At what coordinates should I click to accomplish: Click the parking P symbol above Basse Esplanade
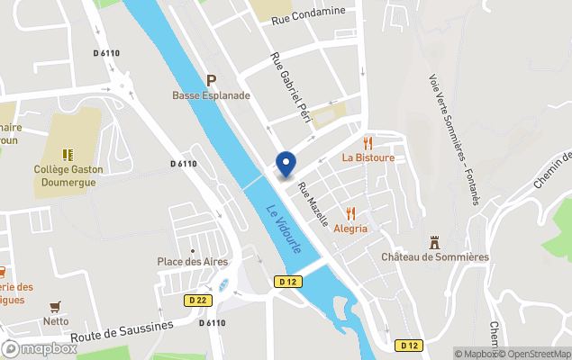pos(212,80)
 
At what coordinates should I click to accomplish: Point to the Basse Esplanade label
pos(211,94)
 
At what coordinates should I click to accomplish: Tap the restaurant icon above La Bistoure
pos(368,142)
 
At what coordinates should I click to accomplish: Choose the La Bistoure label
pos(368,157)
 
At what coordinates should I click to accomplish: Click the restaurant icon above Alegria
pos(351,213)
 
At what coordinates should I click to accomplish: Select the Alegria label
pos(351,229)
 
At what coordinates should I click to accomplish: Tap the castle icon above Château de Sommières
pos(434,242)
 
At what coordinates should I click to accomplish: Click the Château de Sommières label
pos(434,257)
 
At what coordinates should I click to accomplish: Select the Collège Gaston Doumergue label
pos(68,175)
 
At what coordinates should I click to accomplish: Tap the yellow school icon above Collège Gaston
pos(68,154)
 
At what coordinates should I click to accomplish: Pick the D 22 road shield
pos(198,300)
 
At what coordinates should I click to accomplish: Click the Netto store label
pos(56,320)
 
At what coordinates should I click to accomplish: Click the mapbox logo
pos(40,348)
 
